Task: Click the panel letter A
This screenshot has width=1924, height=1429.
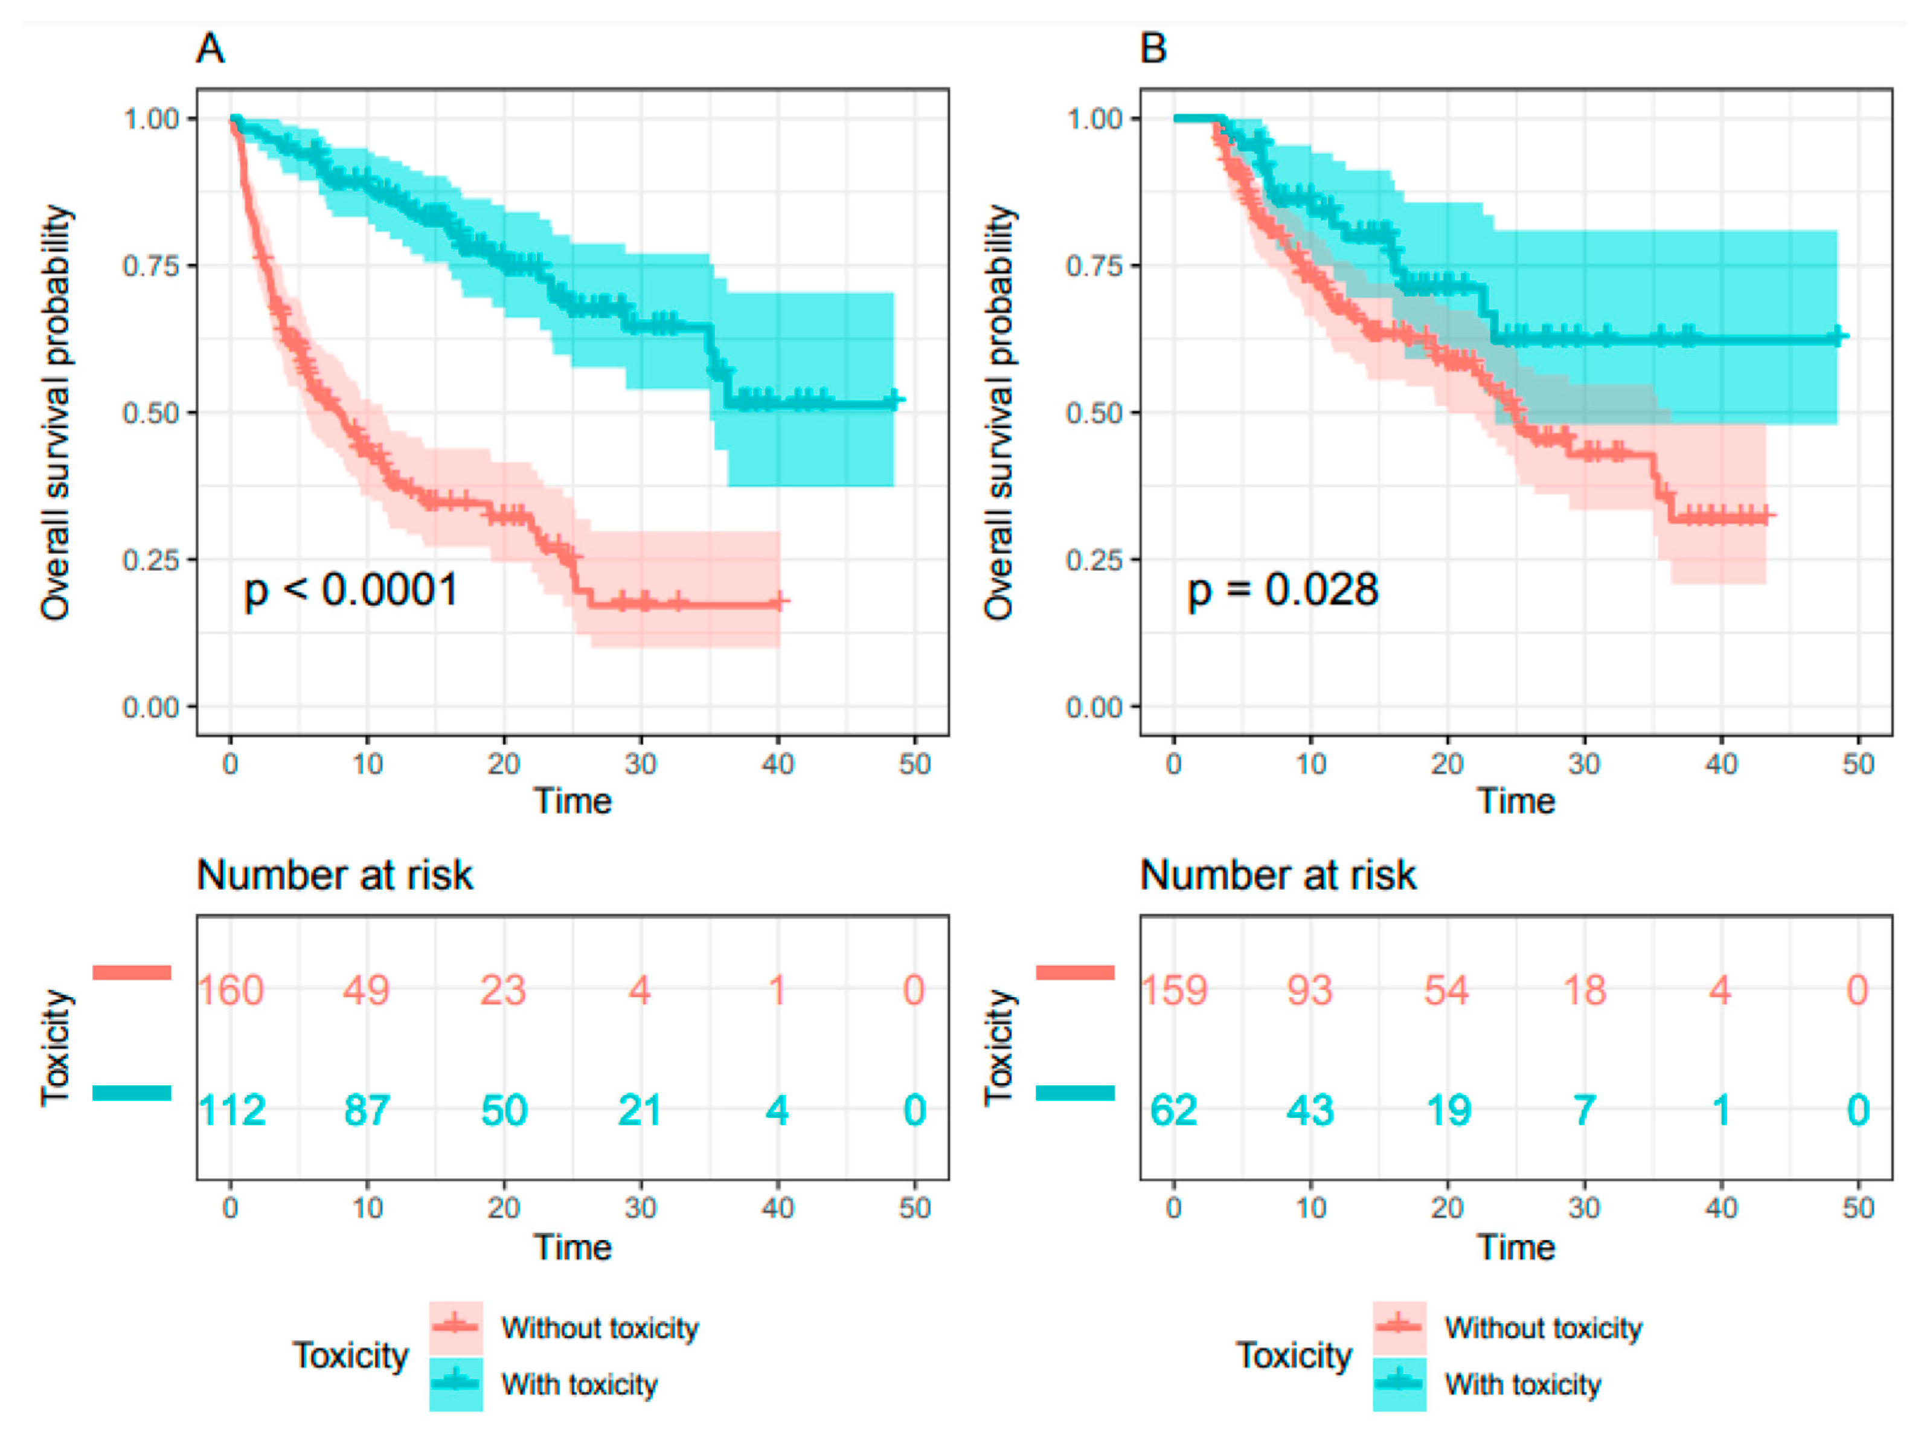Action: pos(210,48)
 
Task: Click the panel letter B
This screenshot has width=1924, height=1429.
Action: pos(1153,48)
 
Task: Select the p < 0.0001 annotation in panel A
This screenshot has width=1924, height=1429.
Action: pos(350,591)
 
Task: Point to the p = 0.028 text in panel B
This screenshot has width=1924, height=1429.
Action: pos(1283,591)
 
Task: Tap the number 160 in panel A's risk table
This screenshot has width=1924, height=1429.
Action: pos(231,991)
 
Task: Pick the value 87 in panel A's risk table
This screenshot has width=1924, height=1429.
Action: pos(367,1111)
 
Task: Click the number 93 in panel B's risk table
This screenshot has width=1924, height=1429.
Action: pos(1310,991)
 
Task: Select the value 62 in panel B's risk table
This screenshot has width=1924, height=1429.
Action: pos(1173,1111)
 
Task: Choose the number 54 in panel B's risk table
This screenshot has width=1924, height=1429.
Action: pos(1447,991)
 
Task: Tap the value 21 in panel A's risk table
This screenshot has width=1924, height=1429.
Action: pos(640,1111)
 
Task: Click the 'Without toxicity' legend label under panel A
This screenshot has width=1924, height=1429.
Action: pos(600,1328)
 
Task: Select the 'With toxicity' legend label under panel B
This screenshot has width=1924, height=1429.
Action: pos(1523,1384)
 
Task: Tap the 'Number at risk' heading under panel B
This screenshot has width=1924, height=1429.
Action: pos(1278,875)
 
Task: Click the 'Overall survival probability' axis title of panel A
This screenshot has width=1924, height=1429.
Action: pos(56,412)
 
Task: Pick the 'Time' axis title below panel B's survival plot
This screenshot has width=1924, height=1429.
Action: pos(1516,801)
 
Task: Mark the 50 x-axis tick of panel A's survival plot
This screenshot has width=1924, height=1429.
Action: pos(915,765)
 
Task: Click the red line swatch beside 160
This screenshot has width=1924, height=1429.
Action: pos(132,973)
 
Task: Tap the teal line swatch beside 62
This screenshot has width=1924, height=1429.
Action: pos(1075,1093)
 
